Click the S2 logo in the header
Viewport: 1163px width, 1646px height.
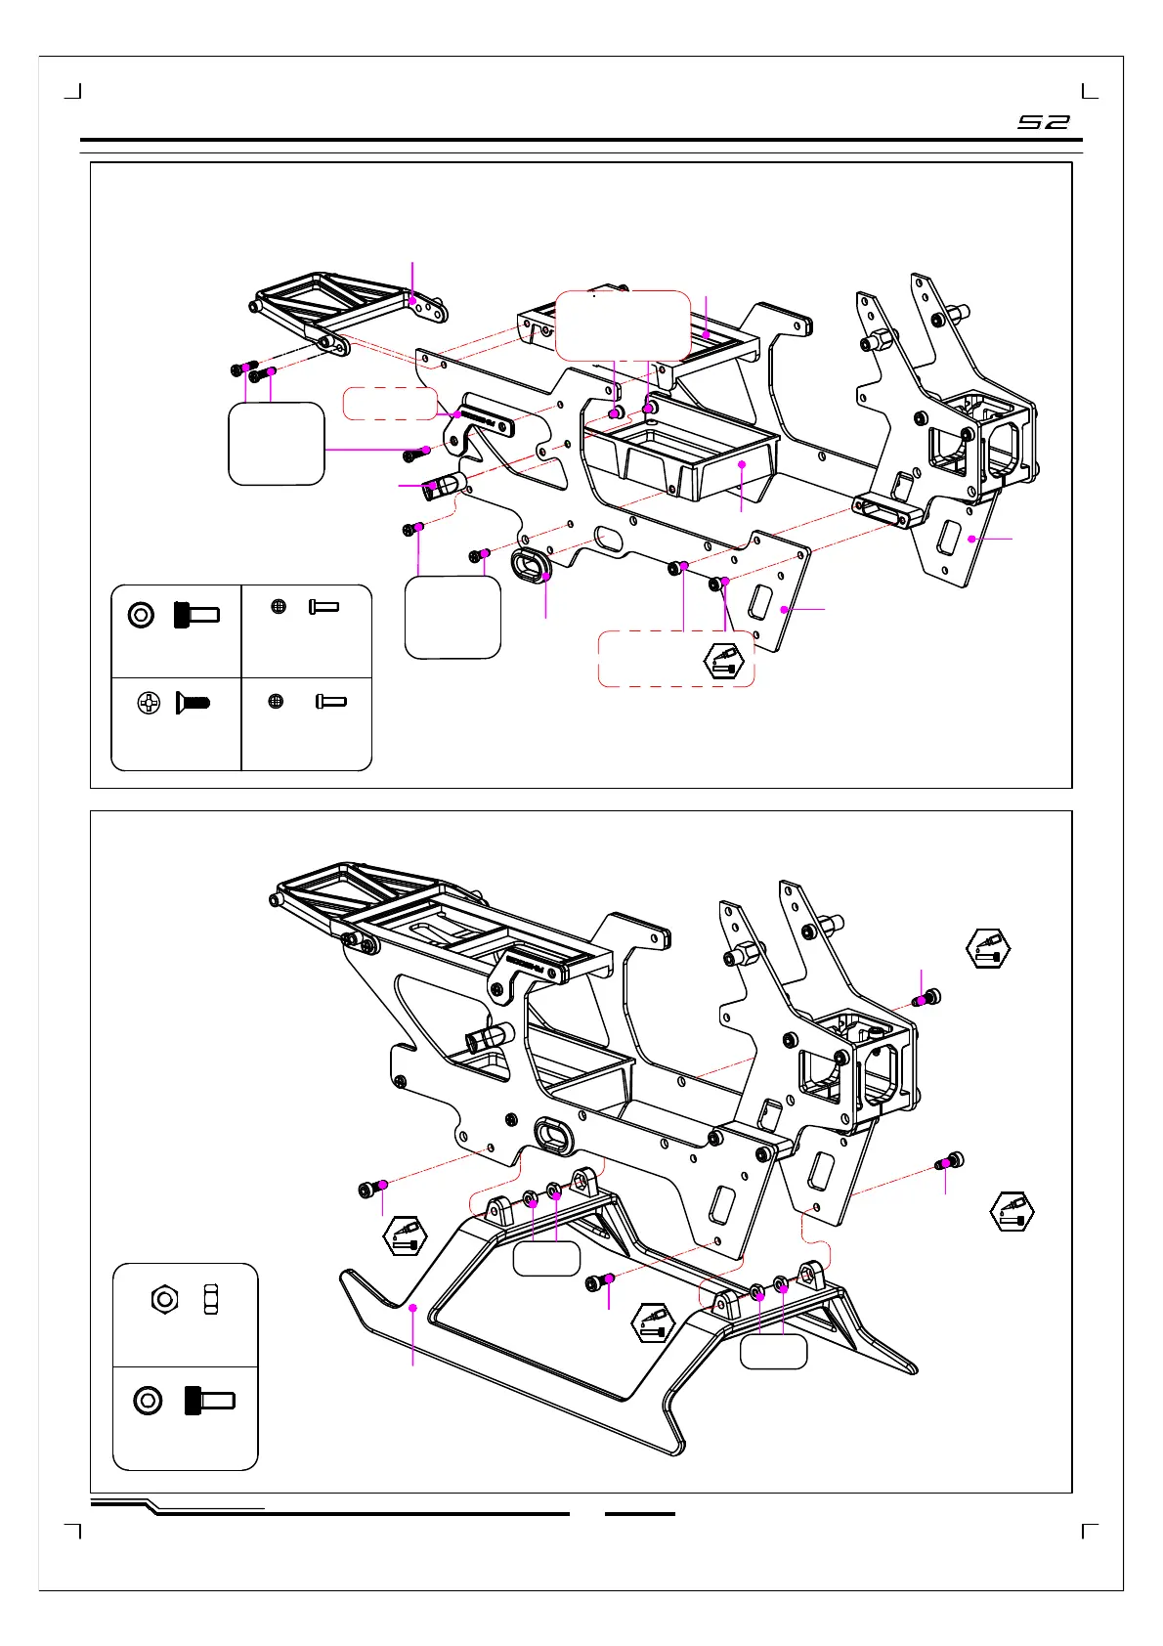click(x=1044, y=122)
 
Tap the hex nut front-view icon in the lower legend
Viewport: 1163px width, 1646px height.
click(x=164, y=1299)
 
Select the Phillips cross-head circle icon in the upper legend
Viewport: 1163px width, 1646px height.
click(x=149, y=703)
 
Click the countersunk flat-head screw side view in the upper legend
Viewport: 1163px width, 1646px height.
click(x=193, y=703)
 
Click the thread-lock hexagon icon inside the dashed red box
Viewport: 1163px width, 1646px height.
click(x=723, y=662)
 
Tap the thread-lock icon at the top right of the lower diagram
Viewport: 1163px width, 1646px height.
click(x=988, y=948)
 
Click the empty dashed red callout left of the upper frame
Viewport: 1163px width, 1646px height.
click(x=390, y=404)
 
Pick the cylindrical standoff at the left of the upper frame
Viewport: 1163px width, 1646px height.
click(x=442, y=485)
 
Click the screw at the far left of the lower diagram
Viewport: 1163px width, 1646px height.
click(x=372, y=1189)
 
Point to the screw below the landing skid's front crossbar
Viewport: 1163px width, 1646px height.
click(x=599, y=1281)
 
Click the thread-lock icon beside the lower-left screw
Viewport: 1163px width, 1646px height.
click(x=405, y=1236)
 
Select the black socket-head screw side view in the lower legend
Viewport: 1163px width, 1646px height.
click(x=209, y=1400)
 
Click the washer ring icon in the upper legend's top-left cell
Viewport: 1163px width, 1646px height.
click(x=142, y=615)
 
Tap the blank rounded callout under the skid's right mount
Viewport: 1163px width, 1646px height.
click(x=773, y=1352)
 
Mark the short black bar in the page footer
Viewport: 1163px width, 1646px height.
click(x=640, y=1514)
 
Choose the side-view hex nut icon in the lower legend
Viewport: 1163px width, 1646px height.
click(x=211, y=1299)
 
